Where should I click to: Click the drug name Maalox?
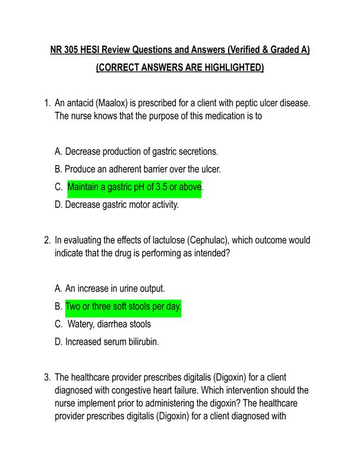(x=112, y=103)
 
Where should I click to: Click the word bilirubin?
(x=141, y=343)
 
